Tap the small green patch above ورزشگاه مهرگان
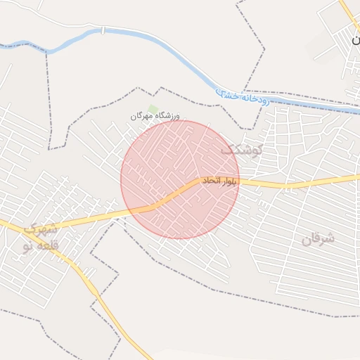tap(153, 108)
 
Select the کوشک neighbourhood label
tap(242, 150)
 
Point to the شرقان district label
tap(319, 239)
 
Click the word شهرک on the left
tap(40, 229)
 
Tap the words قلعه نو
tap(37, 245)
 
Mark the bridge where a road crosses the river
tap(103, 30)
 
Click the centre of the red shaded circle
tap(180, 180)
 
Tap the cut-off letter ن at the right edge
tap(355, 40)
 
